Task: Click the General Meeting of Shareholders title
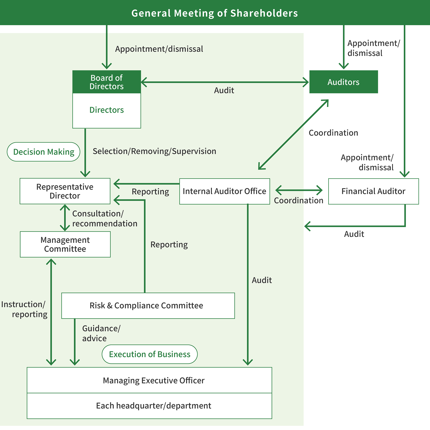click(214, 13)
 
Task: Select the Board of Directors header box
click(106, 82)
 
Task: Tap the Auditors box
click(343, 82)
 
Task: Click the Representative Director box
click(65, 191)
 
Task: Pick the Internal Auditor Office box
click(224, 191)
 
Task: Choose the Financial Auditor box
click(373, 191)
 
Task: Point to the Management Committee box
click(65, 244)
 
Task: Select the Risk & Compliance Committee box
click(148, 306)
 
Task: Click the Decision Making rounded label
click(44, 152)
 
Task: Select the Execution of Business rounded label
click(149, 354)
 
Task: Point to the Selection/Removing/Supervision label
click(154, 151)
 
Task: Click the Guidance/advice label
click(101, 333)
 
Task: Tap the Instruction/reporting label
click(24, 309)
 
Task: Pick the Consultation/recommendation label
click(104, 218)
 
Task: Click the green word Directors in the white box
click(106, 110)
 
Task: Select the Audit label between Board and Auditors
click(224, 90)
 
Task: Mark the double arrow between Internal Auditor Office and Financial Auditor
click(299, 190)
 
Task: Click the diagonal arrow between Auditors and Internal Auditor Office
click(294, 135)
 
